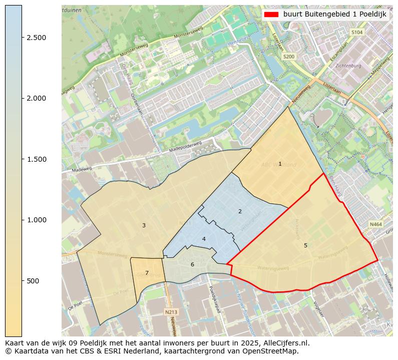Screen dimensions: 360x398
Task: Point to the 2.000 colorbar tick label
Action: [x=37, y=98]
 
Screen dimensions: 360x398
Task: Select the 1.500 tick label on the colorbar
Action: [x=37, y=159]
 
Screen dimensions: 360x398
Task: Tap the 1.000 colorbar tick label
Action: [x=37, y=220]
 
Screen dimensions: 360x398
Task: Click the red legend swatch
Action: [x=272, y=15]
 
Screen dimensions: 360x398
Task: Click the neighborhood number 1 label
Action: [x=280, y=164]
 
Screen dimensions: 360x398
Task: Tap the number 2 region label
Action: [x=240, y=211]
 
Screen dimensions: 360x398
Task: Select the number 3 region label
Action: [x=144, y=225]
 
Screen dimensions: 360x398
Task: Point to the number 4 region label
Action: [x=204, y=239]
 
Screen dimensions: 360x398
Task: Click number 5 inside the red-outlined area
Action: [x=305, y=245]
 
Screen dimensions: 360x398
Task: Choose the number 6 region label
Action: [x=192, y=264]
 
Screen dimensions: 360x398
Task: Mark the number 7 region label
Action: [x=147, y=273]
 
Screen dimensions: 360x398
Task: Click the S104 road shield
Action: [x=356, y=32]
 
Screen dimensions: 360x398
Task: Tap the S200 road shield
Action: [x=289, y=57]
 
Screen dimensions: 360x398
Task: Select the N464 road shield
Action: [x=375, y=225]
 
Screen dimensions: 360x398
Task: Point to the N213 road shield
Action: [x=171, y=312]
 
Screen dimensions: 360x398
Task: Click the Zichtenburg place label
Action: [x=348, y=66]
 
